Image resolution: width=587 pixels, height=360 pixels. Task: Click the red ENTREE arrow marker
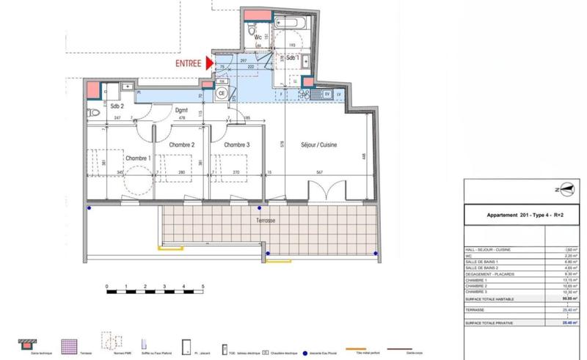click(211, 64)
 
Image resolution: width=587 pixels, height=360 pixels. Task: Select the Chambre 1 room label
click(138, 158)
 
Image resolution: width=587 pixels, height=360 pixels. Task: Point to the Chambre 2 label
click(181, 144)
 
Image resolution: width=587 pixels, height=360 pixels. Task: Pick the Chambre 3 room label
click(237, 144)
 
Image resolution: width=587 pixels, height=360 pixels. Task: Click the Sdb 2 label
click(117, 107)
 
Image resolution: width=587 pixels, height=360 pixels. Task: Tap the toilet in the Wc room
click(251, 34)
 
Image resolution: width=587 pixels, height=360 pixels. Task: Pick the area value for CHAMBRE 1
click(569, 279)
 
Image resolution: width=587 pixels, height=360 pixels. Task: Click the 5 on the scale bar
click(203, 285)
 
